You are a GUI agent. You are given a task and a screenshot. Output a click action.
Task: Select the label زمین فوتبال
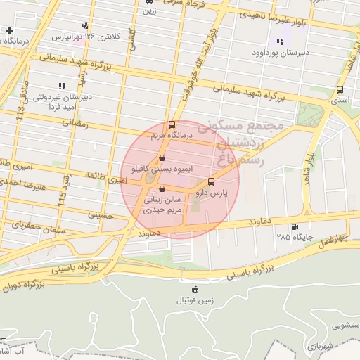click(194, 300)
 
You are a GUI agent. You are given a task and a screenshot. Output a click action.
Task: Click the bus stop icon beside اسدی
click(340, 90)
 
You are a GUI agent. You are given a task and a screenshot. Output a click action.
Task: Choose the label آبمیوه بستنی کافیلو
click(149, 169)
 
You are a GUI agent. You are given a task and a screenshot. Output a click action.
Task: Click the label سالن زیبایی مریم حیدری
click(163, 205)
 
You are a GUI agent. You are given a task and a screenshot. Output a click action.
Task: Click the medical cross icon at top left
click(8, 30)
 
